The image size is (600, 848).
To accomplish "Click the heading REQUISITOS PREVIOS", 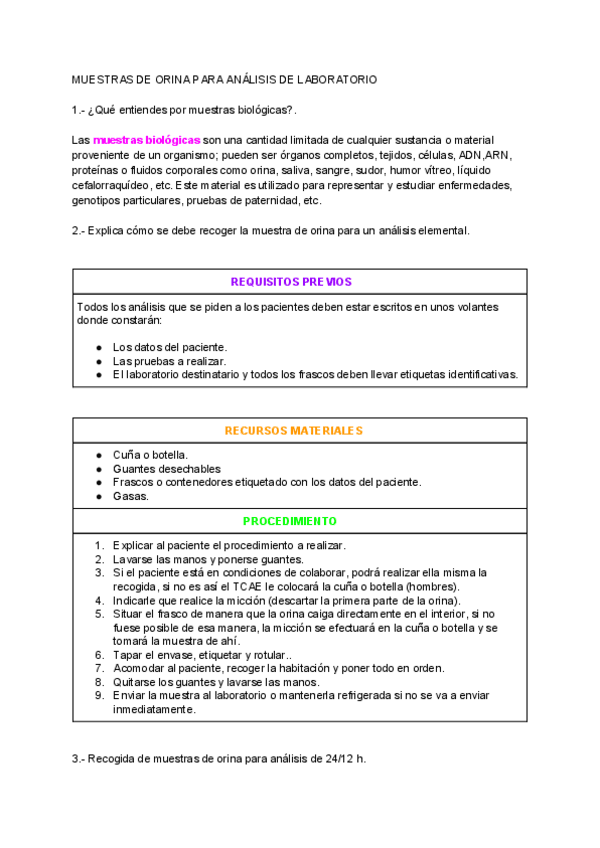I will [x=291, y=282].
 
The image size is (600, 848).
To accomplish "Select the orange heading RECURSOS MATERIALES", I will [x=293, y=431].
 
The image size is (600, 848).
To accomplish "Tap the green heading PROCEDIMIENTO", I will [x=290, y=522].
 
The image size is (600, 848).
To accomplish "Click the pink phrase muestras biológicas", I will [x=147, y=141].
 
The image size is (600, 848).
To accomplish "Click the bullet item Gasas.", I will [x=131, y=495].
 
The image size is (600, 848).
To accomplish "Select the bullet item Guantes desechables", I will [x=166, y=468].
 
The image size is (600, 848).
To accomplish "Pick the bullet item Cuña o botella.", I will [x=150, y=455].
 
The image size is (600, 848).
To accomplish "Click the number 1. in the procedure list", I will [x=100, y=546].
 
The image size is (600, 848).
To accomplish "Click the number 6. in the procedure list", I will [x=100, y=655].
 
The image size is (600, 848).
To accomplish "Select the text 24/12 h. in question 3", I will [x=342, y=759].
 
